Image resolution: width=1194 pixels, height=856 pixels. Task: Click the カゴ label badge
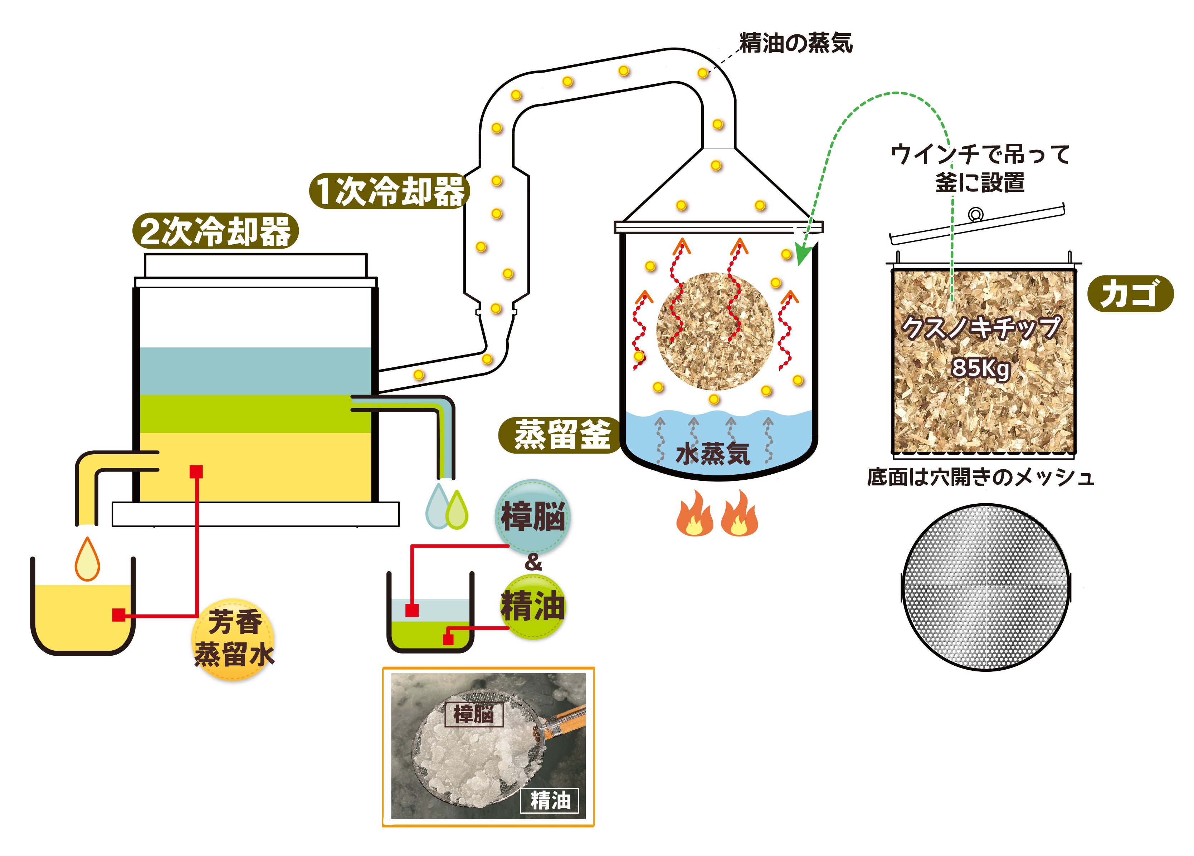[x=1130, y=294]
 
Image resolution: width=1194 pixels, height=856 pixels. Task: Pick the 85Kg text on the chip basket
[x=980, y=367]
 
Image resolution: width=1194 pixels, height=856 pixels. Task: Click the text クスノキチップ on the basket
[x=980, y=328]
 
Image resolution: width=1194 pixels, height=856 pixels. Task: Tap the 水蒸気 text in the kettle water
[x=712, y=454]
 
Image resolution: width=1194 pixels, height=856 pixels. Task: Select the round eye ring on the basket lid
[x=975, y=214]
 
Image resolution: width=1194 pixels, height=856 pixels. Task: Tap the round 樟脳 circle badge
[x=533, y=516]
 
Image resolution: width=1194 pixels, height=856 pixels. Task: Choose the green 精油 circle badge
[x=533, y=606]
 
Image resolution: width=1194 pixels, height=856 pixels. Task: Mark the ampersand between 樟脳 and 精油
[x=533, y=563]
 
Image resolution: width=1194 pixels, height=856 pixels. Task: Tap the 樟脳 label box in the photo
[x=474, y=714]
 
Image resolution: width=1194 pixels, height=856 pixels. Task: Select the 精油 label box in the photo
[x=550, y=800]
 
